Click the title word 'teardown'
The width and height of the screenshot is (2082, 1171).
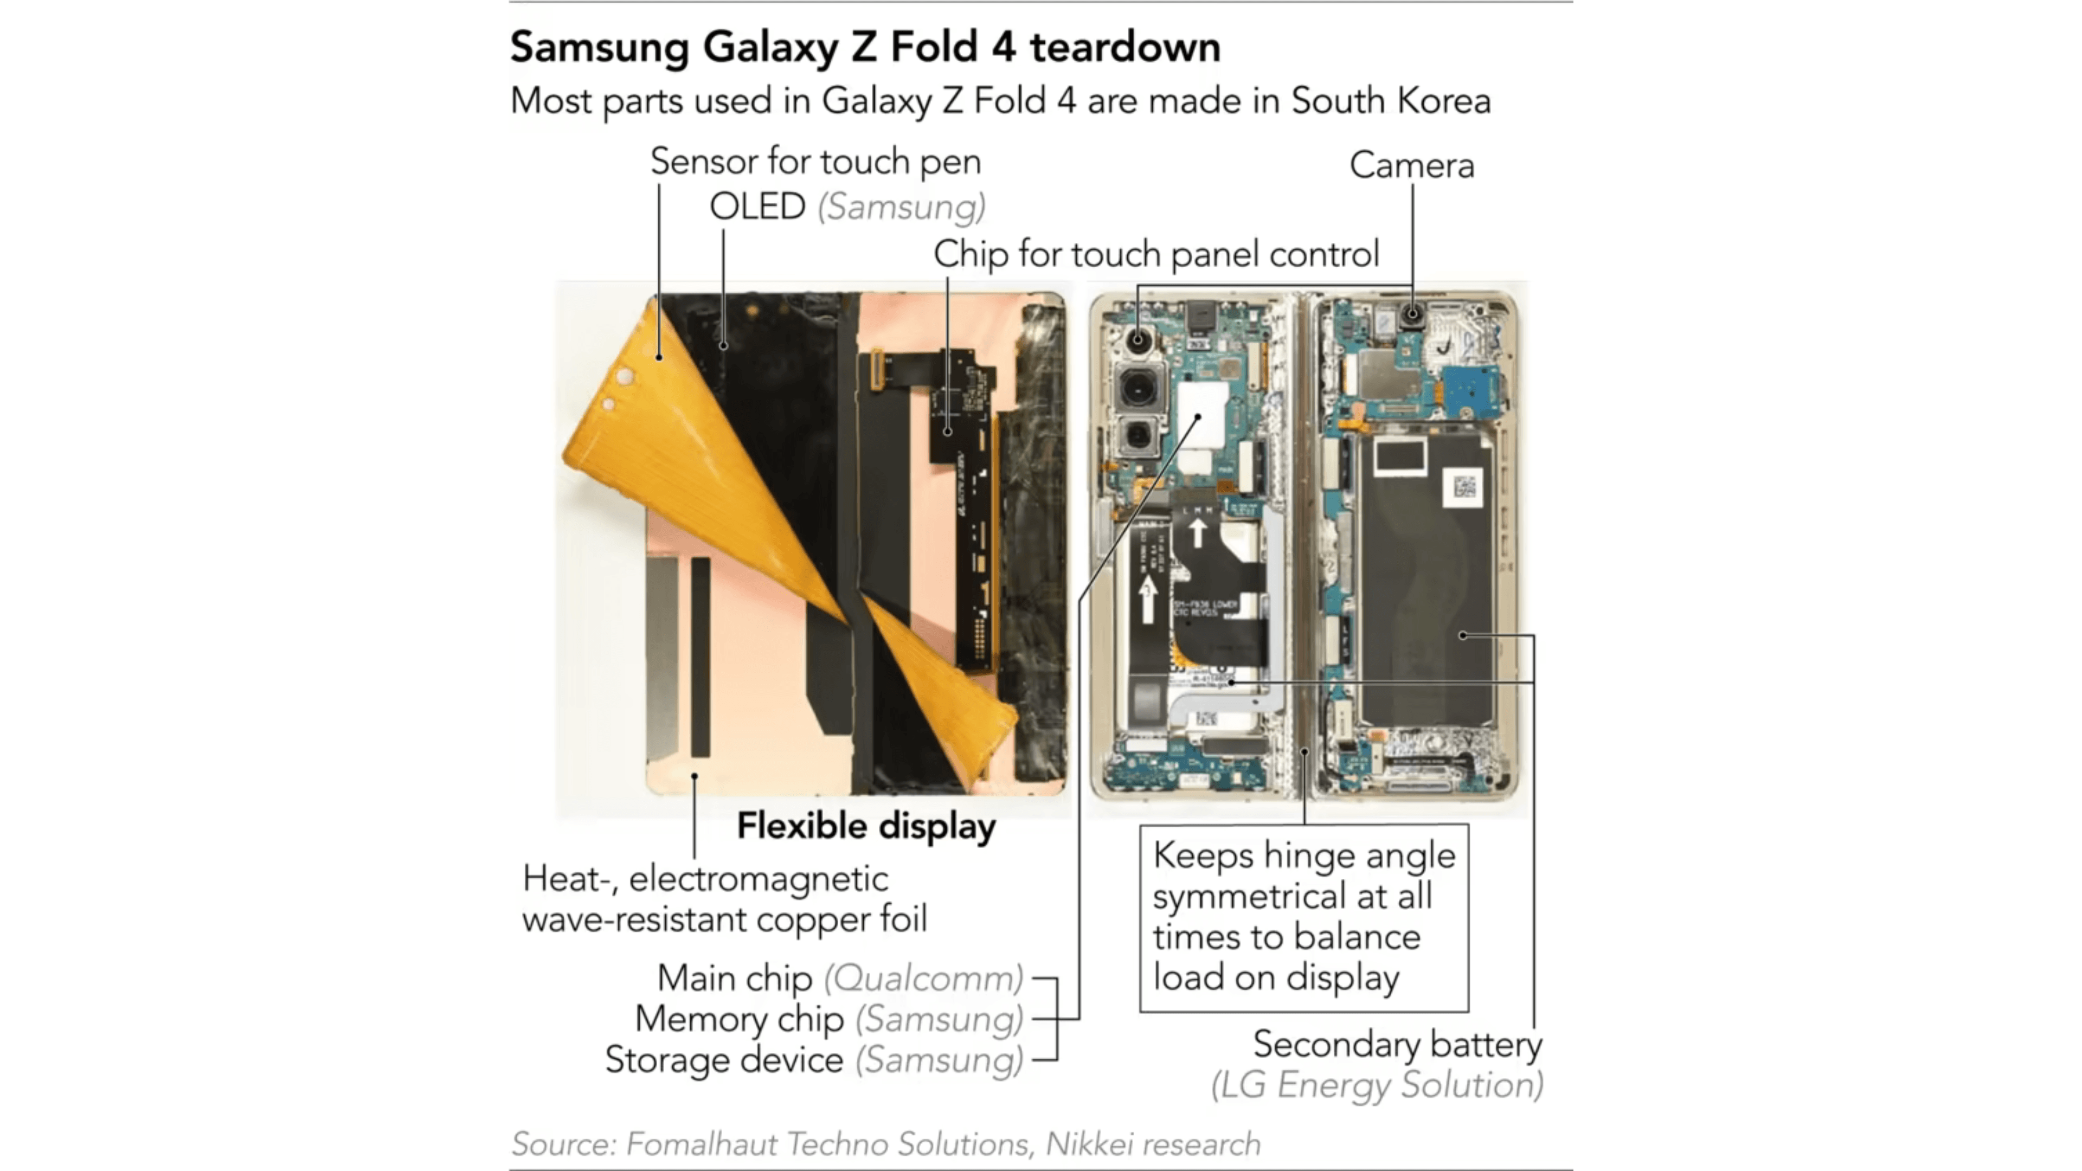(x=1124, y=47)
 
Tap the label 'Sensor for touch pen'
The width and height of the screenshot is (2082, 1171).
(x=815, y=162)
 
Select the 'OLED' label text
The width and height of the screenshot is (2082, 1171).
(x=757, y=207)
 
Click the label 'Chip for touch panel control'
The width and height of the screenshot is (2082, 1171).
(x=1156, y=255)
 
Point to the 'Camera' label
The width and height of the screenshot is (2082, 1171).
(x=1411, y=166)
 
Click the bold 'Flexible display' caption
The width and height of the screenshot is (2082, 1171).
(x=866, y=826)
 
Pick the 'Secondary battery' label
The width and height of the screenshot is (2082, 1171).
(x=1397, y=1044)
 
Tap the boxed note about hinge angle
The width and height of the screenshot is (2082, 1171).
(x=1303, y=917)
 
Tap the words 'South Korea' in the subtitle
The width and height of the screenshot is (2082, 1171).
(x=1390, y=101)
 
